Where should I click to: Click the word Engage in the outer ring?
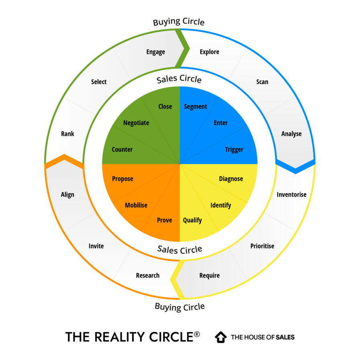tap(155, 52)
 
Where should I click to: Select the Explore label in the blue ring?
tap(209, 52)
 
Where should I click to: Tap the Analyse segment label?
tap(291, 134)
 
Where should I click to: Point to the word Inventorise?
tap(291, 194)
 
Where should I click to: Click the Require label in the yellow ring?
tap(209, 276)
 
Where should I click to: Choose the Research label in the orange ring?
tap(147, 276)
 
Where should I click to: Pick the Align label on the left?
tap(67, 194)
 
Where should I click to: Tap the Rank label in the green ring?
tap(67, 134)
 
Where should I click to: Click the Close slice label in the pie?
tap(165, 106)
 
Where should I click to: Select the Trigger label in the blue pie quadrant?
tap(234, 149)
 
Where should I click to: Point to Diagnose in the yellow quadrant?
tap(231, 179)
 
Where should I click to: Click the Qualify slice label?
tap(192, 220)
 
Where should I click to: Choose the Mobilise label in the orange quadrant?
tap(136, 205)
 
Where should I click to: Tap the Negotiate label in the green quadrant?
tap(136, 123)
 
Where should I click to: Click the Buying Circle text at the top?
tap(178, 22)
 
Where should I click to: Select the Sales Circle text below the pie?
tap(180, 250)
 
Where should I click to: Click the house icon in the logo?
tap(221, 337)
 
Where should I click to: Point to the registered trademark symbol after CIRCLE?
tap(196, 334)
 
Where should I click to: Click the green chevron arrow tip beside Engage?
tap(186, 49)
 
